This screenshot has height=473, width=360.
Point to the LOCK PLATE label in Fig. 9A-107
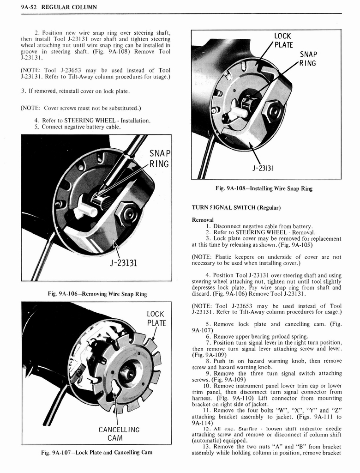click(156, 318)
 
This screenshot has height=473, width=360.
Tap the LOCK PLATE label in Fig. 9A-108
click(282, 40)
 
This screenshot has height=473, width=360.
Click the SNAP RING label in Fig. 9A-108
click(308, 58)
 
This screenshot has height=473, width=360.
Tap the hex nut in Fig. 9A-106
click(127, 213)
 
